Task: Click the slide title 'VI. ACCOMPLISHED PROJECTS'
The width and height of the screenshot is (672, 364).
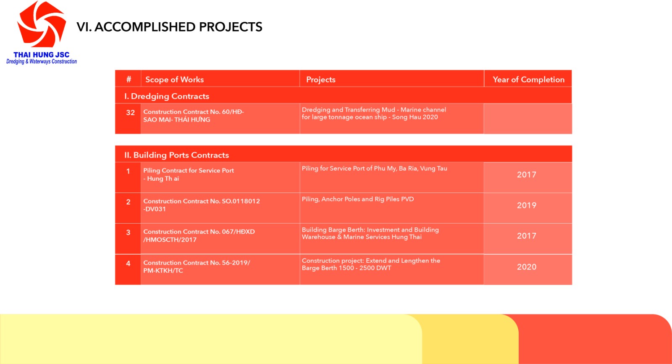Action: click(x=170, y=27)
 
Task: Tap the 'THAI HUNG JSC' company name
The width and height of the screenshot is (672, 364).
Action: click(x=42, y=55)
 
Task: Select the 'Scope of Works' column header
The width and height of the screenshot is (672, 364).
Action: click(x=175, y=79)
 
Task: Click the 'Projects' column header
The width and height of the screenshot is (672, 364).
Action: click(x=321, y=79)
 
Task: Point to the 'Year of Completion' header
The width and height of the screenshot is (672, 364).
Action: click(x=529, y=79)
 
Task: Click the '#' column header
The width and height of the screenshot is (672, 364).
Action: click(x=129, y=79)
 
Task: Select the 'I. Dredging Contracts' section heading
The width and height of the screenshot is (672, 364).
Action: click(x=167, y=96)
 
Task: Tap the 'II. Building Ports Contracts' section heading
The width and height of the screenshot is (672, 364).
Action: click(x=177, y=155)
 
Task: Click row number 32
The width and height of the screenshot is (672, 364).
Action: click(x=130, y=113)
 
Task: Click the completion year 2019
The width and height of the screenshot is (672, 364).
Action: click(x=527, y=206)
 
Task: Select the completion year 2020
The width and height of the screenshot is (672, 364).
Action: click(x=527, y=267)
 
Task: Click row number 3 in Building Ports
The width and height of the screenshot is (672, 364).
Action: click(x=128, y=232)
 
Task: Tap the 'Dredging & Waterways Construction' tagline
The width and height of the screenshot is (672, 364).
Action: click(x=42, y=61)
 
